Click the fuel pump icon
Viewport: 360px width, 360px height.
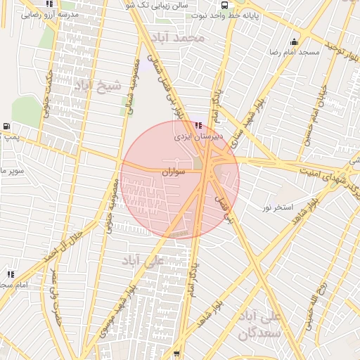6,127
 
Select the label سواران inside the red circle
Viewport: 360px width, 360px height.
172,171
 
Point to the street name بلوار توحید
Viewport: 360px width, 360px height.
340,53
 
